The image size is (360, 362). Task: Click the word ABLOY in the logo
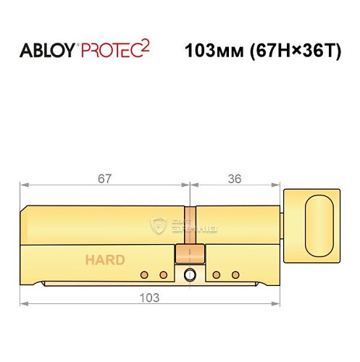tap(45, 52)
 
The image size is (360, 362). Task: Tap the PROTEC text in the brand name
tap(109, 52)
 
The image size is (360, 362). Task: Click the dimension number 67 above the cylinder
tap(105, 177)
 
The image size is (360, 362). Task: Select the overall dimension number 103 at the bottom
tap(150, 297)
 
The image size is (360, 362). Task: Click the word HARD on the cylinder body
tap(105, 260)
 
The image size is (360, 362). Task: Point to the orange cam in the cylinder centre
tap(190, 255)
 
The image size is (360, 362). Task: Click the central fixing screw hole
tap(190, 275)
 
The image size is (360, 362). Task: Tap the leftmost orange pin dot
tap(145, 274)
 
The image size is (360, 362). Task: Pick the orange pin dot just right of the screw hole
tap(217, 274)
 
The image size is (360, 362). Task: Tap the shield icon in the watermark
tap(159, 226)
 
